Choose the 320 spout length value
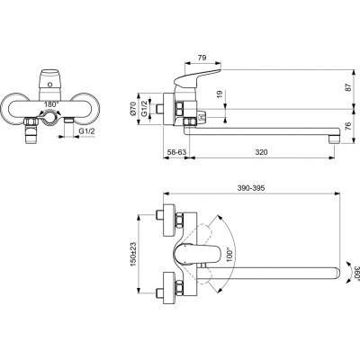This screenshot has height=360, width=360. pyautogui.click(x=262, y=154)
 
